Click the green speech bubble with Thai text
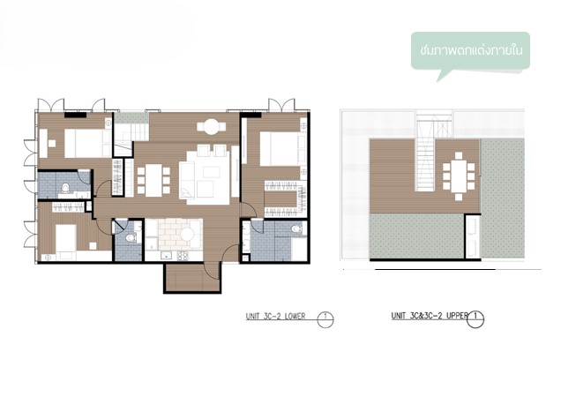(x=470, y=52)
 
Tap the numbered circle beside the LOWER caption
(x=325, y=319)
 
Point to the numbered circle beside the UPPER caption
(x=475, y=318)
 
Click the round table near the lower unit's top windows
(x=211, y=127)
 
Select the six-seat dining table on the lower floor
(x=153, y=180)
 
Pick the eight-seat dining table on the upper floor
(x=459, y=176)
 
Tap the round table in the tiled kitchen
(x=187, y=235)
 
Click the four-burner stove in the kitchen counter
(x=183, y=256)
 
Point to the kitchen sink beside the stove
(x=167, y=256)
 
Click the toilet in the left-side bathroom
(x=65, y=188)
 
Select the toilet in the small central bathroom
(x=131, y=237)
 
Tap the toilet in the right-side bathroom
(x=296, y=228)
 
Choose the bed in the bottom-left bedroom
(x=66, y=238)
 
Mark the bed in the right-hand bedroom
(x=280, y=149)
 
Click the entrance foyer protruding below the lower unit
(x=192, y=278)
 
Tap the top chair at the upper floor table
(x=459, y=155)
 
